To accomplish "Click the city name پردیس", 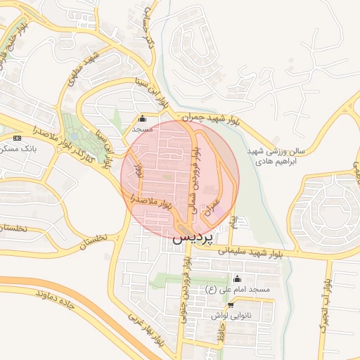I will click(x=191, y=238).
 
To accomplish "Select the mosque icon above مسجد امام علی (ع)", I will click(x=236, y=278).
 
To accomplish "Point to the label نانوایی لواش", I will click(x=230, y=316).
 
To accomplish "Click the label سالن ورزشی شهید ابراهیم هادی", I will click(x=277, y=156).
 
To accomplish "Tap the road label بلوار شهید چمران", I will click(x=208, y=119).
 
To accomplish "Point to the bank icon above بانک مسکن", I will click(x=18, y=138).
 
